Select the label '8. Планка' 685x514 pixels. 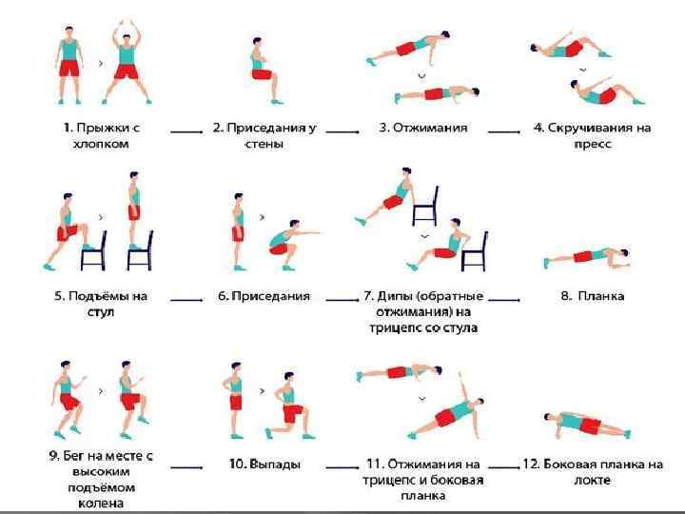(592, 296)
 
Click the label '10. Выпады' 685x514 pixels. (264, 464)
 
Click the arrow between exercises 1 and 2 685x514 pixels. (187, 128)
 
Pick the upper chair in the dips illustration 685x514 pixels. (426, 207)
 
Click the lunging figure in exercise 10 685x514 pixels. (288, 407)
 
